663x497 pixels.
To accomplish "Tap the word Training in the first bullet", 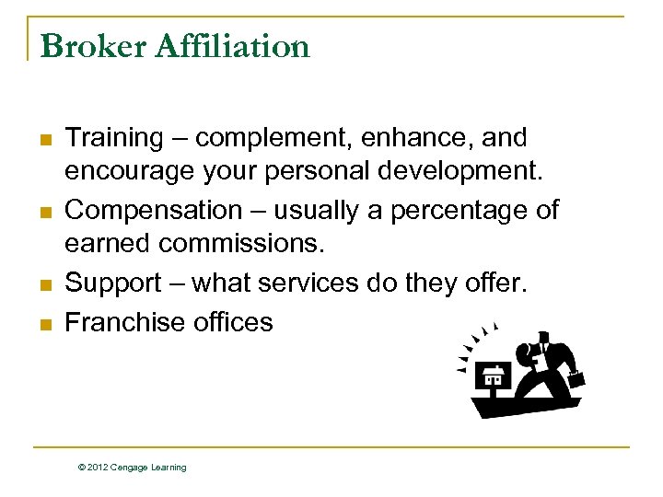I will [114, 138].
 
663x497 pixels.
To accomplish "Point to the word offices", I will [233, 321].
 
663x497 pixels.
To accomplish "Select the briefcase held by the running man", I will [576, 378].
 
